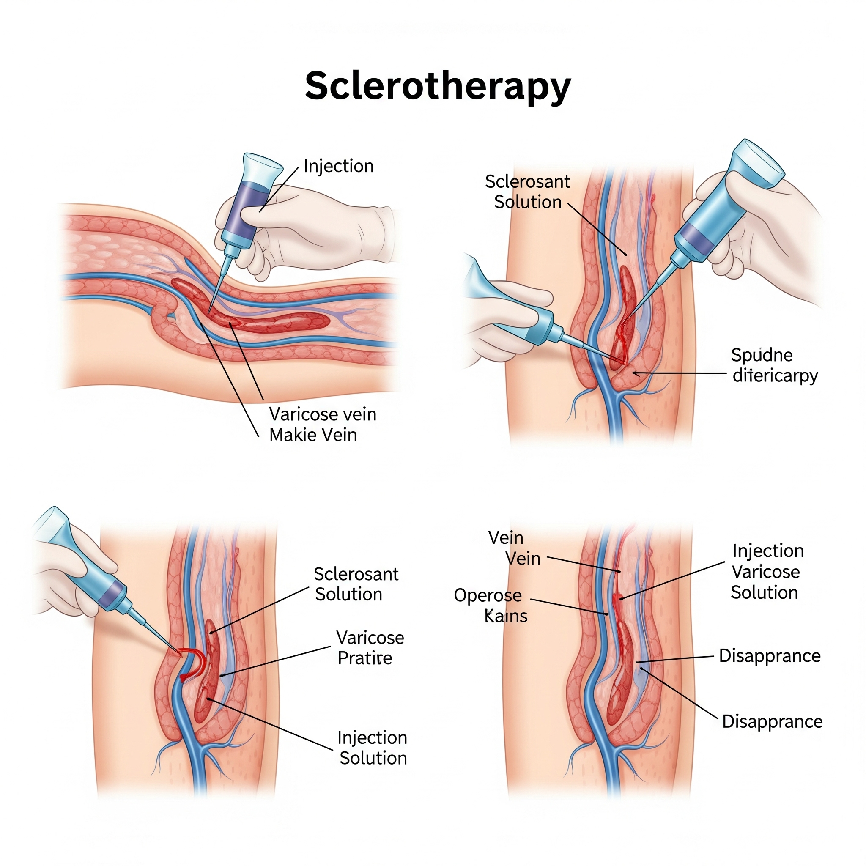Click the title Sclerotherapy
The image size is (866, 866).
pos(438,85)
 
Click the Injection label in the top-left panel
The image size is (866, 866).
pos(338,166)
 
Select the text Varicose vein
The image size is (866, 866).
pos(322,414)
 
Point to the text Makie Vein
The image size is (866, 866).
pos(313,435)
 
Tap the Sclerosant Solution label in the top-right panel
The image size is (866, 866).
pos(528,192)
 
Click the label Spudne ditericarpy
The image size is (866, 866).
pos(775,365)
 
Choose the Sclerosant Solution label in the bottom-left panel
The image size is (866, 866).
pos(356,584)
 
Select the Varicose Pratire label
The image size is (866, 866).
pos(370,648)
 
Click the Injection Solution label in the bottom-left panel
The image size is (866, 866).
pos(373,748)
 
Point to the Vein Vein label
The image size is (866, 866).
pos(514,548)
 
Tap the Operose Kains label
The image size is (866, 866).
pos(491,606)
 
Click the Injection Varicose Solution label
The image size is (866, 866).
pos(767,572)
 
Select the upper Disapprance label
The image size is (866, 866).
pos(770,656)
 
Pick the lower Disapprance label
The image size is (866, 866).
pos(772,722)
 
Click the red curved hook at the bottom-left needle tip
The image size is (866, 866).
pos(193,663)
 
